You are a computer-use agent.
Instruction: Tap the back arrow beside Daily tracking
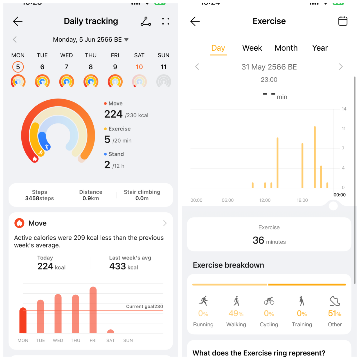pos(18,21)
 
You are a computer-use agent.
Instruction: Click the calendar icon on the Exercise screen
pos(343,21)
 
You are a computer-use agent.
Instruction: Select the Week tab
pos(252,48)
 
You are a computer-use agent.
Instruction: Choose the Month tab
pos(286,48)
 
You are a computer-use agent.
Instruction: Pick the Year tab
pos(320,48)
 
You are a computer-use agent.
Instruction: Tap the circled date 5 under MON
pos(18,67)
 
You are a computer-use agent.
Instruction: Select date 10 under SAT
pos(139,67)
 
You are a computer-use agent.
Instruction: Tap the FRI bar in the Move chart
pos(93,310)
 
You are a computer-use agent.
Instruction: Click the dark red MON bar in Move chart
pos(23,321)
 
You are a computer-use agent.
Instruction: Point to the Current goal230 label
pos(144,307)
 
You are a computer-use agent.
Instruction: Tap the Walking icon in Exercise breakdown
pos(236,301)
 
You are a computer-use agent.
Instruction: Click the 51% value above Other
pos(334,313)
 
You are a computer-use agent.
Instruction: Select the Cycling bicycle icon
pos(269,301)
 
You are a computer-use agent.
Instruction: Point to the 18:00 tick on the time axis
pos(302,200)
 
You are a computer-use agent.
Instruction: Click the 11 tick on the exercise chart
pos(343,129)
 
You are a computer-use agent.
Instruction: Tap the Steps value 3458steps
pos(39,198)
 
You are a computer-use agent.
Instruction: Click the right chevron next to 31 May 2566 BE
pos(341,67)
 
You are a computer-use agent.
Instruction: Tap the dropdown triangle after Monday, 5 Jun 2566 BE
pos(126,40)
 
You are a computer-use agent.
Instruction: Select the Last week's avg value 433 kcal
pos(123,266)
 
